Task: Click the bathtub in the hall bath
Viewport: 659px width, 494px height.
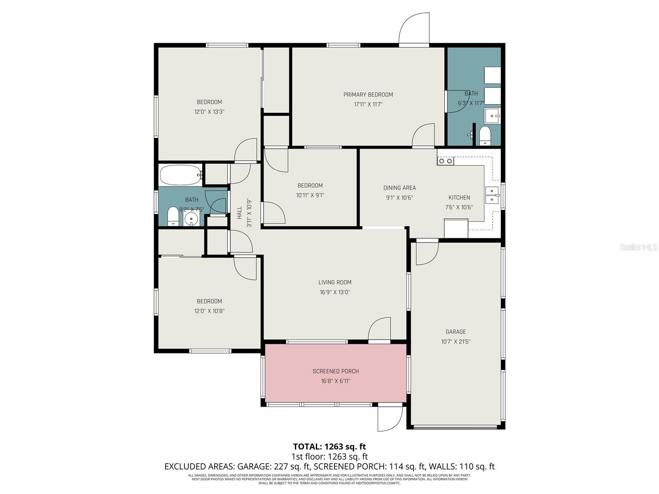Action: pyautogui.click(x=180, y=175)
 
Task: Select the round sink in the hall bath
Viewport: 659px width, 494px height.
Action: pyautogui.click(x=191, y=219)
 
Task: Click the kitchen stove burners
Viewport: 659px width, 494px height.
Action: pyautogui.click(x=445, y=161)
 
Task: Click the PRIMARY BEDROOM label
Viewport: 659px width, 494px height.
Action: pyautogui.click(x=368, y=95)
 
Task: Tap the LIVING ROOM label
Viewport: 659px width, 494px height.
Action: pyautogui.click(x=335, y=282)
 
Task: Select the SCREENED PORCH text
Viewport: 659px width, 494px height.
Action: pyautogui.click(x=336, y=371)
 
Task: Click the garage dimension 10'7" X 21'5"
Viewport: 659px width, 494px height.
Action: pyautogui.click(x=456, y=342)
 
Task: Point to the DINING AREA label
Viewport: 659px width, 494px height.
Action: pyautogui.click(x=400, y=188)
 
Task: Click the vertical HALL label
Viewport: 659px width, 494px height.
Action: pyautogui.click(x=240, y=212)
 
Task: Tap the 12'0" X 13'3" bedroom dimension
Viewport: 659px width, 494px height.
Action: pyautogui.click(x=209, y=112)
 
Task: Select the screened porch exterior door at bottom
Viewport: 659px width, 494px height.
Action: pyautogui.click(x=390, y=417)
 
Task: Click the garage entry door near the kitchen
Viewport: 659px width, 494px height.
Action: pyautogui.click(x=427, y=252)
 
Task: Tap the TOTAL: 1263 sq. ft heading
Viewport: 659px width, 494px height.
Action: pyautogui.click(x=329, y=447)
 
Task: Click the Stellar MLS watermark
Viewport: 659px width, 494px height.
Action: pyautogui.click(x=638, y=247)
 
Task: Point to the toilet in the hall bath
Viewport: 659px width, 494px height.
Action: pyautogui.click(x=173, y=217)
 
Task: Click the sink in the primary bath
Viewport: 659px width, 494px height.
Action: pyautogui.click(x=492, y=116)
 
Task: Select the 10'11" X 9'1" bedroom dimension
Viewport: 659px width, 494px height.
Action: pyautogui.click(x=310, y=196)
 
